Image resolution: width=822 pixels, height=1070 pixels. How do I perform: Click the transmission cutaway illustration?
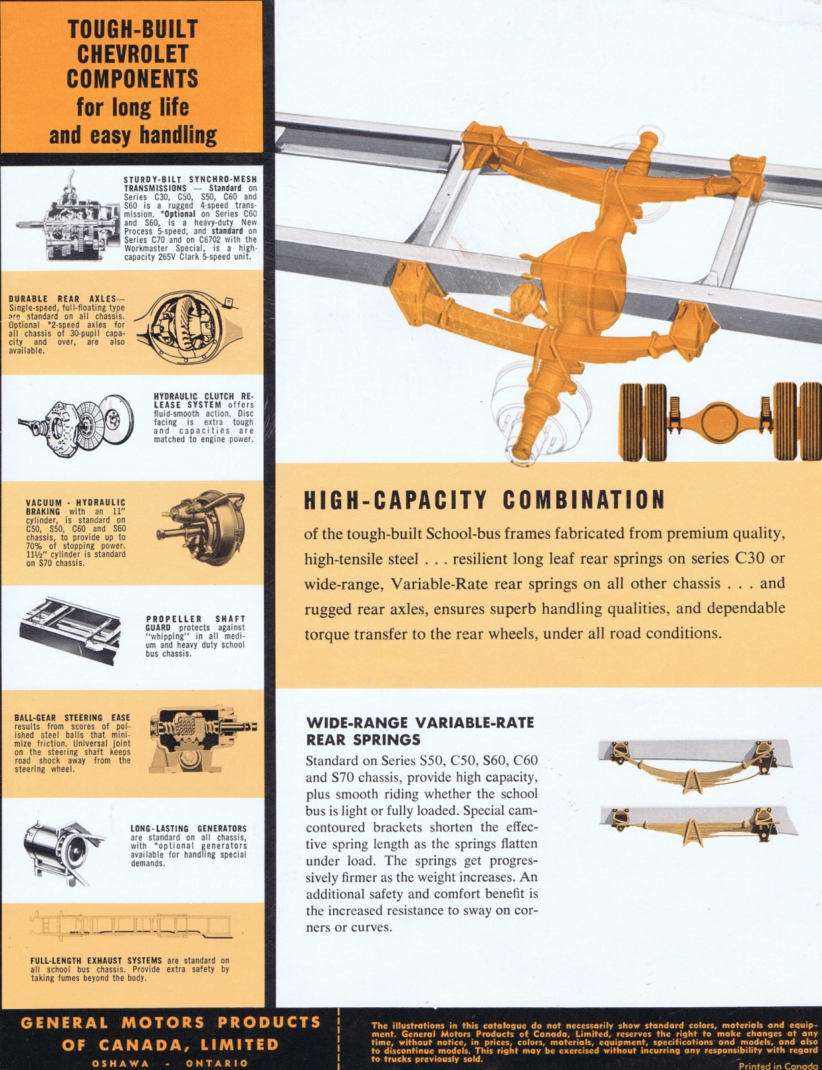[68, 216]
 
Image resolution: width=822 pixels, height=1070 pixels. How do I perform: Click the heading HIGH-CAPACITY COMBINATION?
[485, 500]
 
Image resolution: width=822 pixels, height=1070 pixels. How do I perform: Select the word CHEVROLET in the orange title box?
[133, 53]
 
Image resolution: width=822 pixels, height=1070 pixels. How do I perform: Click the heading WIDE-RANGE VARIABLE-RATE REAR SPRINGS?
[420, 730]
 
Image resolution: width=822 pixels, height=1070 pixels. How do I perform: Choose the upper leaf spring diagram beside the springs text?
[695, 766]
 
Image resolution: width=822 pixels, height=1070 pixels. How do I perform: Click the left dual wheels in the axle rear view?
[643, 422]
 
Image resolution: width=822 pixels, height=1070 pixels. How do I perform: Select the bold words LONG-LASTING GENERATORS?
[189, 829]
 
